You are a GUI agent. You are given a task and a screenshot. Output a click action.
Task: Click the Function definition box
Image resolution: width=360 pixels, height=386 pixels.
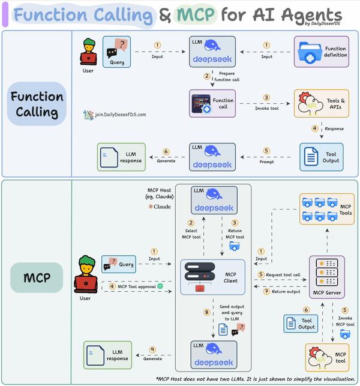click(320, 52)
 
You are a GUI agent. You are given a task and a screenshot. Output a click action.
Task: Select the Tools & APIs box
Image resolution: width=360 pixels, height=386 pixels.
click(320, 103)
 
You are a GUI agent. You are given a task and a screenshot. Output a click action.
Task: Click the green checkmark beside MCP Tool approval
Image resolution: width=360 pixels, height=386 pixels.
click(160, 286)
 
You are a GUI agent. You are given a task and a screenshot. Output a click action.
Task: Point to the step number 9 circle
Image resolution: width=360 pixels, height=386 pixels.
click(152, 349)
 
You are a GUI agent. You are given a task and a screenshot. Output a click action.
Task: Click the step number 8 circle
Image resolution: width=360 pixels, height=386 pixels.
click(206, 312)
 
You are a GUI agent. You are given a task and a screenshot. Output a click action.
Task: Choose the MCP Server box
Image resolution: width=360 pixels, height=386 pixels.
click(326, 277)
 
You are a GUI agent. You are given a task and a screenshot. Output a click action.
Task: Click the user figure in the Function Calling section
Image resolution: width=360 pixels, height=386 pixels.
click(89, 52)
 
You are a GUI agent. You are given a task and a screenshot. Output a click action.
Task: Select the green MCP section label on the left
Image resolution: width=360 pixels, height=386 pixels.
click(37, 277)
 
